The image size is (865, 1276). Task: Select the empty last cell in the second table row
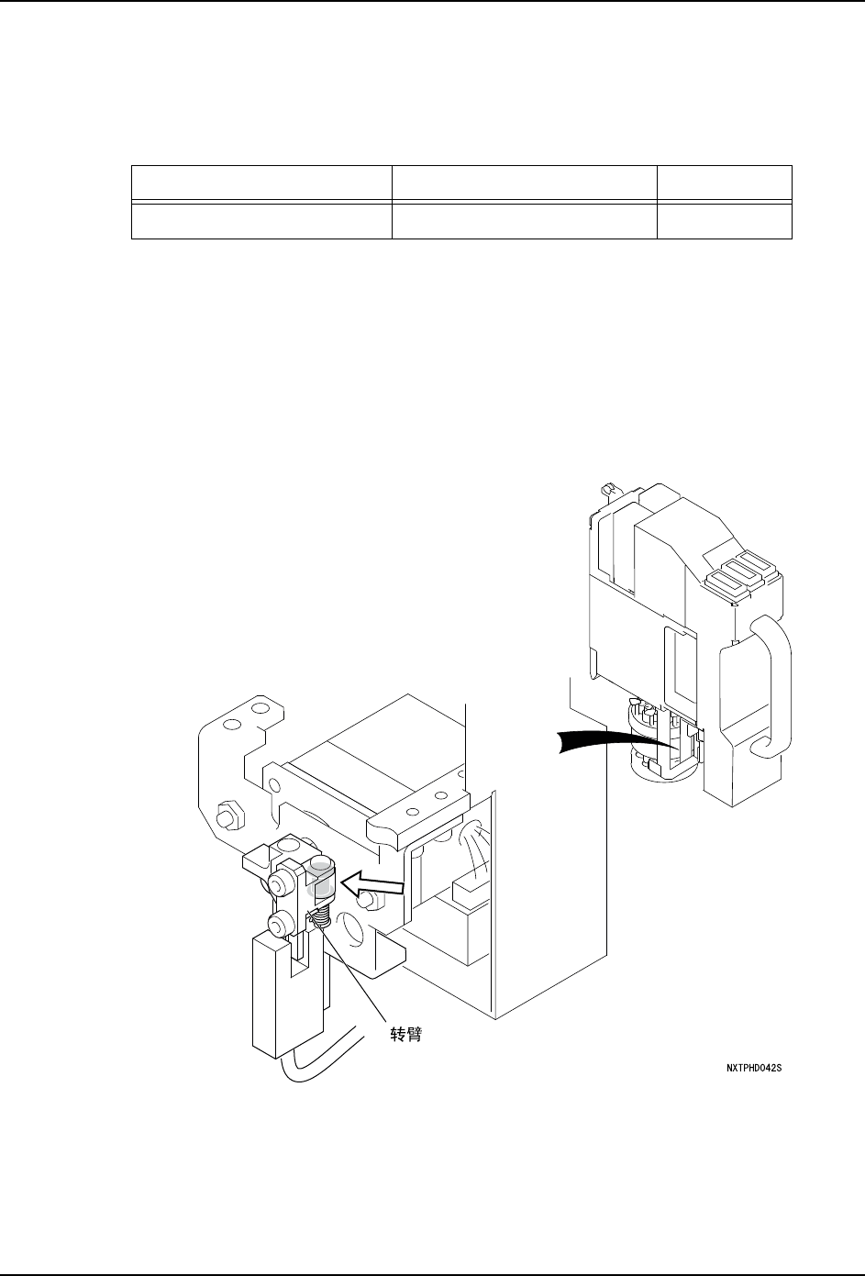coord(725,221)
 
